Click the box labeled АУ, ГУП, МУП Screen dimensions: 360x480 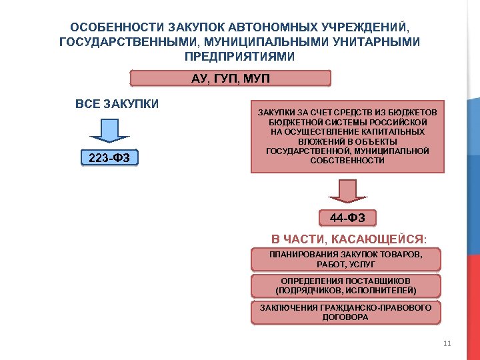pyautogui.click(x=230, y=79)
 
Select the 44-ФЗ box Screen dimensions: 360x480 pyautogui.click(x=347, y=218)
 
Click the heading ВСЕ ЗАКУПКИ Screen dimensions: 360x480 pyautogui.click(x=117, y=104)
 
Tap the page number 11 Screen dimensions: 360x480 pyautogui.click(x=447, y=343)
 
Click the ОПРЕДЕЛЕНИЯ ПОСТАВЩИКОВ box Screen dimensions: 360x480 pyautogui.click(x=345, y=286)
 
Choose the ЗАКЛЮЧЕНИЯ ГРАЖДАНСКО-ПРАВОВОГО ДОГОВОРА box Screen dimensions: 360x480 pyautogui.click(x=345, y=312)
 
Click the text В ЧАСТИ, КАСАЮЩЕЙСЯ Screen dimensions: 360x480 pyautogui.click(x=347, y=239)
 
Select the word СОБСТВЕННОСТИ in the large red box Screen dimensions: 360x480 pyautogui.click(x=347, y=161)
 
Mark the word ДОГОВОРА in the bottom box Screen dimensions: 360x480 pyautogui.click(x=345, y=317)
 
